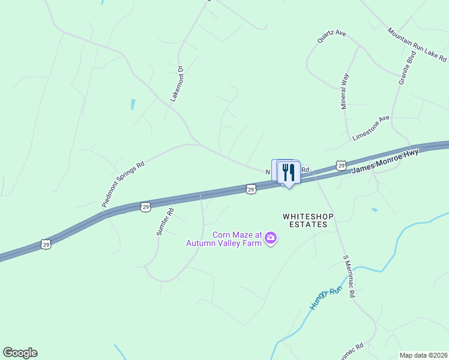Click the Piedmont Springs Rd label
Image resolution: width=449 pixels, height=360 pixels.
124,184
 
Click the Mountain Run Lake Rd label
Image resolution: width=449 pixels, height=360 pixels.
417,45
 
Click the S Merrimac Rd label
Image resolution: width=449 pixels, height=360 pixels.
349,277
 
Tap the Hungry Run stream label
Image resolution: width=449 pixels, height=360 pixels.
325,298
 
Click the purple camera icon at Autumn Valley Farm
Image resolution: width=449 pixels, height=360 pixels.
271,238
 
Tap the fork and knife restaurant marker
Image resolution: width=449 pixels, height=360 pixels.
289,173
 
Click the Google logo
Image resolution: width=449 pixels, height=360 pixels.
20,353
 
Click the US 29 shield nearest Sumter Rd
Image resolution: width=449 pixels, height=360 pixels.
145,206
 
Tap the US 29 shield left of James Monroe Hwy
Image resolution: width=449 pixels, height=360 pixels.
341,165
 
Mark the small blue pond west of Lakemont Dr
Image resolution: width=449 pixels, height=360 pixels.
133,104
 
